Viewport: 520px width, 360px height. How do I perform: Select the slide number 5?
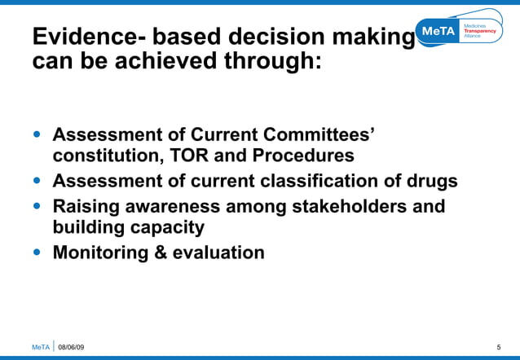pyautogui.click(x=498, y=348)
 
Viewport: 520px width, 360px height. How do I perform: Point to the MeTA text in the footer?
pyautogui.click(x=40, y=348)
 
